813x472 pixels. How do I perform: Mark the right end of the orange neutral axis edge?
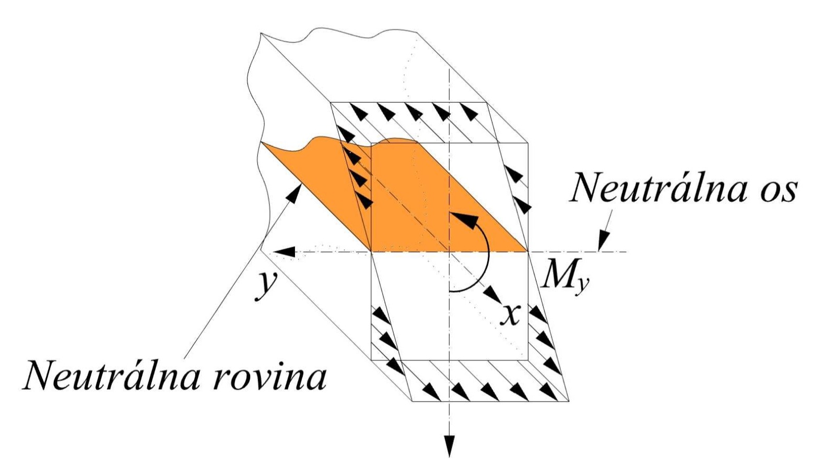click(528, 252)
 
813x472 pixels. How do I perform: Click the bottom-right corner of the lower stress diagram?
click(569, 401)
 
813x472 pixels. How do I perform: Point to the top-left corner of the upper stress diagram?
click(331, 103)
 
